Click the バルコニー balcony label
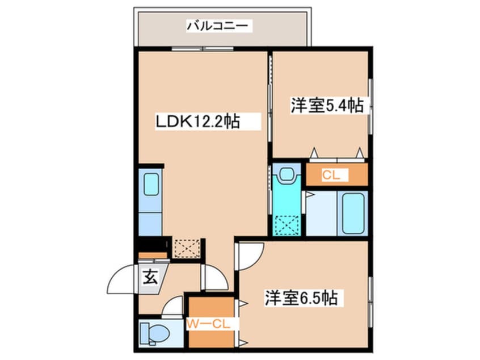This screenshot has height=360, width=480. (x=218, y=26)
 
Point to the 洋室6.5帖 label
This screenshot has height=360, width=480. (x=301, y=298)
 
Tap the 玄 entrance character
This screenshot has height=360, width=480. (x=150, y=278)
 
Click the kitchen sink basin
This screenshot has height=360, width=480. (x=150, y=185)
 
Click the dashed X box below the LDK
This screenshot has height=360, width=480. (x=187, y=248)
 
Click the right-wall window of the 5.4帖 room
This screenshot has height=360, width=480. (x=370, y=105)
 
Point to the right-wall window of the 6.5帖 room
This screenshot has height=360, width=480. (x=370, y=298)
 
